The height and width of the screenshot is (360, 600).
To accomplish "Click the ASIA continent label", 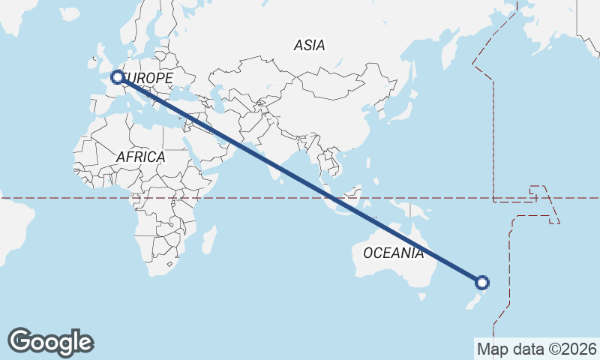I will pos(310,45).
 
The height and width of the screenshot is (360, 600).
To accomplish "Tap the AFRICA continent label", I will pos(140,157).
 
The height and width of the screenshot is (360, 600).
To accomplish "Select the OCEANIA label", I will pos(394,253).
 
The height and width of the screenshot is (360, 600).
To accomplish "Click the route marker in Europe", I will pos(117,76).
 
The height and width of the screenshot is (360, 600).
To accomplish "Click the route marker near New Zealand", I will pos(482,283).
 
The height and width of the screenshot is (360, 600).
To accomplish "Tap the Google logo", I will pos(50,342).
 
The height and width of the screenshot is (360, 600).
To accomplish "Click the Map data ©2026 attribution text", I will pos(536,349).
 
